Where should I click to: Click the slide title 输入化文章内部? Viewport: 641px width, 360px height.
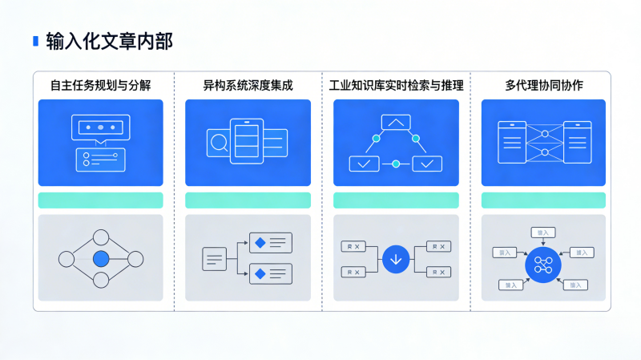click(x=109, y=41)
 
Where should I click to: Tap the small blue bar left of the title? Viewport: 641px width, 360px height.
click(x=34, y=41)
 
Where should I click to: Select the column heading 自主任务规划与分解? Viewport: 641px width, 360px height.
click(x=100, y=85)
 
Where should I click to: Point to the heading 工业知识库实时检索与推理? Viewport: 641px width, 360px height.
click(x=396, y=85)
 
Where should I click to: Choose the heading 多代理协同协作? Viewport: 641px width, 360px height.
click(x=543, y=85)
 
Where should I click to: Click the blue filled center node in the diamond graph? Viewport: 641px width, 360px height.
click(x=100, y=259)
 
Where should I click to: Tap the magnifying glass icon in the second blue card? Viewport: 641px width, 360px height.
click(x=217, y=143)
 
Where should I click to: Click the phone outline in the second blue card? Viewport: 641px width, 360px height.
click(x=246, y=142)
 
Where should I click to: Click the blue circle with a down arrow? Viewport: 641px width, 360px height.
click(x=396, y=259)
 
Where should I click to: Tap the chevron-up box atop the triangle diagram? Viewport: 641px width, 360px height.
click(x=396, y=123)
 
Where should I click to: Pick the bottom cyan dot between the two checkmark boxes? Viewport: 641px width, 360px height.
click(x=396, y=164)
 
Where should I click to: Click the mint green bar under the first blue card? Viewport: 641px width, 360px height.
click(x=100, y=200)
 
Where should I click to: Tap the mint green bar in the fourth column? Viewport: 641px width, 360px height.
click(x=543, y=200)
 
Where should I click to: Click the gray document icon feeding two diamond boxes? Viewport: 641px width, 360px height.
click(x=214, y=258)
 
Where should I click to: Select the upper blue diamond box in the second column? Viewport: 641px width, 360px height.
click(x=271, y=242)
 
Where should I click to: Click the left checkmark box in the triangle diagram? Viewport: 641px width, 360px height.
click(x=364, y=164)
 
